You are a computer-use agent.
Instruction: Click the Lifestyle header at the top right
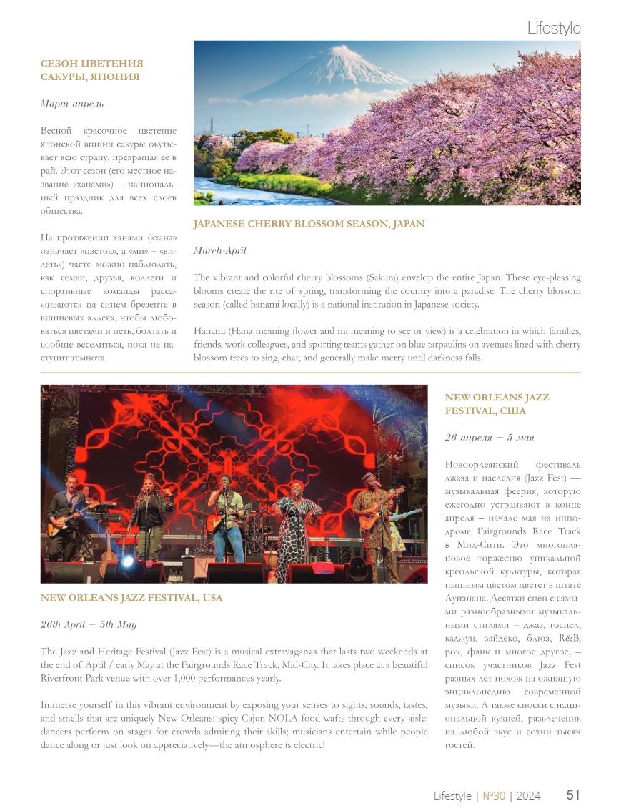tap(553, 29)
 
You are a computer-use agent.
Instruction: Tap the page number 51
tap(572, 795)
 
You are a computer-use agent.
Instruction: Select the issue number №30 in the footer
tap(494, 796)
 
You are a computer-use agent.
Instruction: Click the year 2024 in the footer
tap(528, 796)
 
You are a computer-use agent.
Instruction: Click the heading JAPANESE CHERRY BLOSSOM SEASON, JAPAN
tap(309, 224)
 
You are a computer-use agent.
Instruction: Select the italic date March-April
tap(219, 251)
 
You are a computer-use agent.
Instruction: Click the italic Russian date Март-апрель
tap(72, 104)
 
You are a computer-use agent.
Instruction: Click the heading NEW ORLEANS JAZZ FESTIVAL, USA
tap(131, 598)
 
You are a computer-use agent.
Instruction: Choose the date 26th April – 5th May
tap(89, 624)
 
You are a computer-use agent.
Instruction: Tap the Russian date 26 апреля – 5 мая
tap(490, 438)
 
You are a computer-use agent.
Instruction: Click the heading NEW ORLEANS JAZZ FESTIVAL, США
tap(497, 404)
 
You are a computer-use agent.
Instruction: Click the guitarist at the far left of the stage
tap(65, 511)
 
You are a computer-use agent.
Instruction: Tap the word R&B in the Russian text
tap(570, 638)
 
